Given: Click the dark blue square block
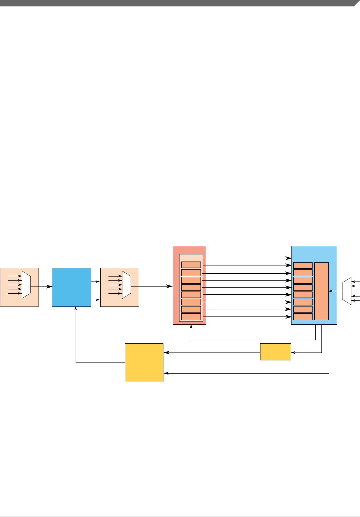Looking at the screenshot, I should [x=71, y=287].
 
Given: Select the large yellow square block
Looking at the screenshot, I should [x=144, y=363].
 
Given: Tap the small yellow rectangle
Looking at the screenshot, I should [x=275, y=352].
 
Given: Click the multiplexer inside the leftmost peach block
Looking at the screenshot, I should [x=26, y=284].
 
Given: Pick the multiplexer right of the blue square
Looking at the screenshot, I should [x=127, y=284].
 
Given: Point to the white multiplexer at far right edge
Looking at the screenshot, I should [x=346, y=291].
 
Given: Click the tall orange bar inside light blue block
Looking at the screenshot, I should [x=321, y=291].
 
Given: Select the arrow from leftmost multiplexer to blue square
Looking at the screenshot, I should [x=41, y=286].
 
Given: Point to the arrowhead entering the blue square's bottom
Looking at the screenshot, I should [x=76, y=309].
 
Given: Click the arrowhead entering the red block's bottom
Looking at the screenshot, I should [x=191, y=327].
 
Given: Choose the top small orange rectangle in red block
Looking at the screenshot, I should [x=191, y=265].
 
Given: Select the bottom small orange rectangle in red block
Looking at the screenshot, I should [x=191, y=316].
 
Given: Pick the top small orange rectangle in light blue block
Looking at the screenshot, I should [x=303, y=265].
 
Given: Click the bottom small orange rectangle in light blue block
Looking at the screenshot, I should [x=303, y=316].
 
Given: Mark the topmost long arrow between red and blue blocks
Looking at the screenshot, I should [x=246, y=258].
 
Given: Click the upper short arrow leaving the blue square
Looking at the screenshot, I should [x=95, y=282].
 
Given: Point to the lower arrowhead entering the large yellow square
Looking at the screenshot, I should [x=166, y=374].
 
